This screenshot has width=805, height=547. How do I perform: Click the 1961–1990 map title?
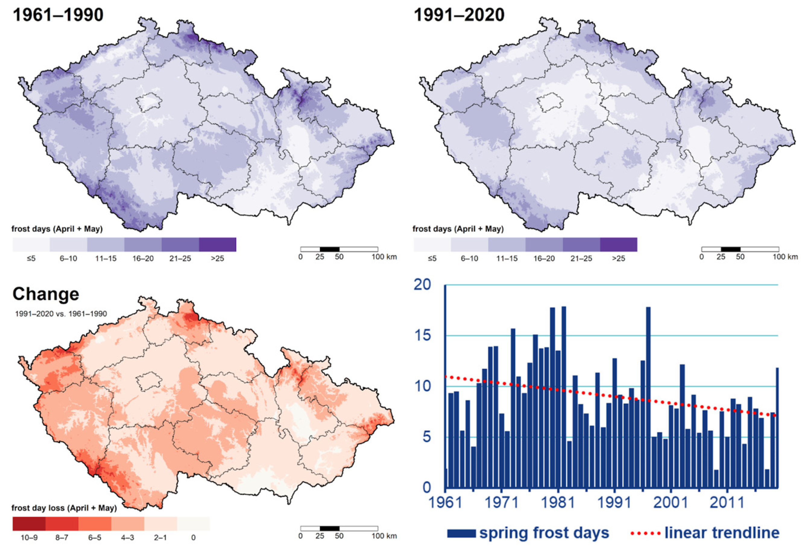click(58, 15)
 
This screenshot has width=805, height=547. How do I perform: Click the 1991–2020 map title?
click(459, 15)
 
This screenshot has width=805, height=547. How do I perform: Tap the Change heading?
click(46, 294)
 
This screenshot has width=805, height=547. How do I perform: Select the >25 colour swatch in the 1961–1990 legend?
click(217, 245)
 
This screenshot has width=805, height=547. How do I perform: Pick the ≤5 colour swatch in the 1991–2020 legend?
click(432, 245)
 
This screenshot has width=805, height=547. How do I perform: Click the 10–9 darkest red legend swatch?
click(29, 524)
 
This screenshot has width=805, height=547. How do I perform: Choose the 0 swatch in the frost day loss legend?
click(193, 524)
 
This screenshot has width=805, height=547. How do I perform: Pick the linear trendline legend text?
click(722, 533)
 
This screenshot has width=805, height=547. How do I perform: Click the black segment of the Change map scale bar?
click(330, 528)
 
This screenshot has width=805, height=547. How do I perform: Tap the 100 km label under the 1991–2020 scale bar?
click(785, 257)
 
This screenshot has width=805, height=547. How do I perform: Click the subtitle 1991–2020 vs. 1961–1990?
click(61, 314)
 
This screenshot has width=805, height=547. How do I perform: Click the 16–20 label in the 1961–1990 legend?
click(143, 258)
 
